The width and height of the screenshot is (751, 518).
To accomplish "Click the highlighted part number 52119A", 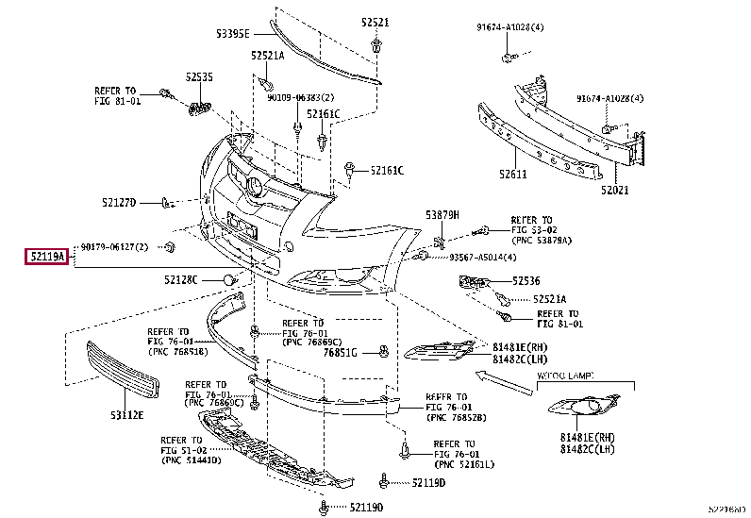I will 46,256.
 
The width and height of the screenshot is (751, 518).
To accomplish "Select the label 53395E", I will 231,33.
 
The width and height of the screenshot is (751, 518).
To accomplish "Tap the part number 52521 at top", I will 375,22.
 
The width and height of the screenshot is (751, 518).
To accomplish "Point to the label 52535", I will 199,76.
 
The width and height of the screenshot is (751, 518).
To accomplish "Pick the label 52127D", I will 120,202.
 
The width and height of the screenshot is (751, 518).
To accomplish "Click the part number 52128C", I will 180,279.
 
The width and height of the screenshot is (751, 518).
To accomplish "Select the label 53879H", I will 442,215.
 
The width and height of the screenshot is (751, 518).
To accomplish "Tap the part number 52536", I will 526,280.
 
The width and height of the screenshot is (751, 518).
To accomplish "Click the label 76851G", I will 341,353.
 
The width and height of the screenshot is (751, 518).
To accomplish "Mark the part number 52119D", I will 428,483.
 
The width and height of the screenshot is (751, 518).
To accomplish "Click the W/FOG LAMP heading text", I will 565,376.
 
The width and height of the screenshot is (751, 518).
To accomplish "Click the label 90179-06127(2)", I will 114,247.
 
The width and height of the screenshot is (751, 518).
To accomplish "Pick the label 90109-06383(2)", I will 300,98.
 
